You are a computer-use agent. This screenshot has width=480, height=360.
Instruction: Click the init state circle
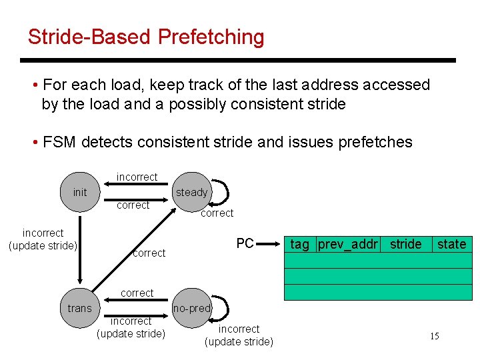pos(80,192)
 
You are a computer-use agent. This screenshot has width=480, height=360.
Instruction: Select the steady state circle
pos(191,192)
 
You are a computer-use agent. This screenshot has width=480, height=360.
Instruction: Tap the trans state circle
pos(79,307)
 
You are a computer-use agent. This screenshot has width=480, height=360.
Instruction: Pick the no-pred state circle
pos(191,308)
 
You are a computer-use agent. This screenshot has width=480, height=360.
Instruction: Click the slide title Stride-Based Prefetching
pos(146,37)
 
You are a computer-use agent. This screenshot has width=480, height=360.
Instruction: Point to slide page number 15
pos(434,336)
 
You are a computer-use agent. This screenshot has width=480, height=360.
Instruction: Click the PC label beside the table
pos(245,244)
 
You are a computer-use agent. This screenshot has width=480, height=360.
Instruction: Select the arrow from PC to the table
pos(270,244)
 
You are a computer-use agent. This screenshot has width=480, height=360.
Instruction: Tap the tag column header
pos(300,245)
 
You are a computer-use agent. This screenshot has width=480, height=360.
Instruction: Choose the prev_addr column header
pos(348,245)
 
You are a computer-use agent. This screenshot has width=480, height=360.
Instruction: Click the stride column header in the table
pos(405,245)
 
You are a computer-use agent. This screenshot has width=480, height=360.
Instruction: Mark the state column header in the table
pos(451,245)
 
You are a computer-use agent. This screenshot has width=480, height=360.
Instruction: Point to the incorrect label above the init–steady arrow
pos(137,177)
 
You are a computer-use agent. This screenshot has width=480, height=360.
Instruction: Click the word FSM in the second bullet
pos(57,142)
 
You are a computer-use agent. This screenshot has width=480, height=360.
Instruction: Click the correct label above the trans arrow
pos(137,293)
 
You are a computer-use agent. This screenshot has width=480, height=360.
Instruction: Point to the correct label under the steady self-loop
pos(217,213)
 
